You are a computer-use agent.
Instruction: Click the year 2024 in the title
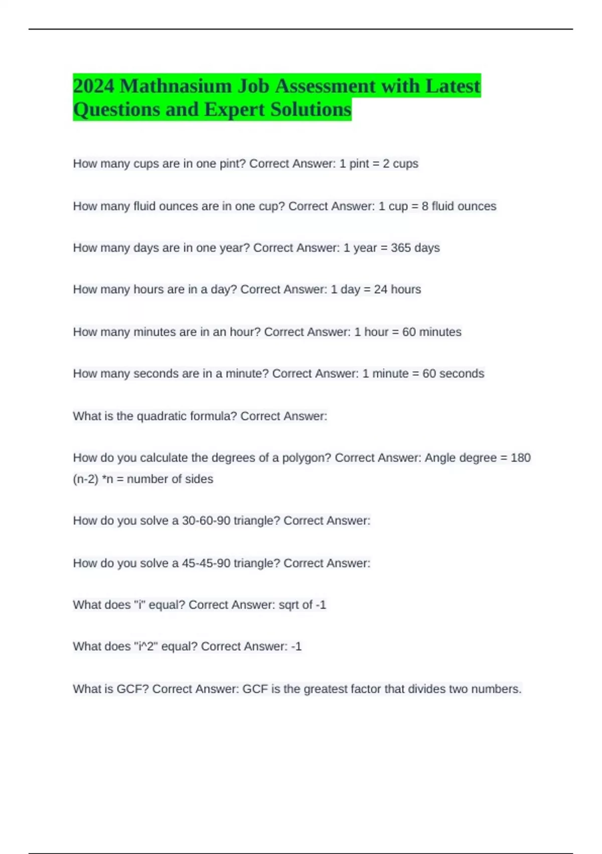click(x=94, y=86)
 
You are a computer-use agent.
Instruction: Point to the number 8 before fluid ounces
click(x=425, y=206)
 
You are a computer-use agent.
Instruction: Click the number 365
click(x=401, y=248)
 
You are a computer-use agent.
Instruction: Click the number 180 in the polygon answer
click(x=520, y=458)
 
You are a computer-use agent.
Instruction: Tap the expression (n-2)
click(x=85, y=479)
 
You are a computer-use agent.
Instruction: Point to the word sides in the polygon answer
click(x=199, y=479)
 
